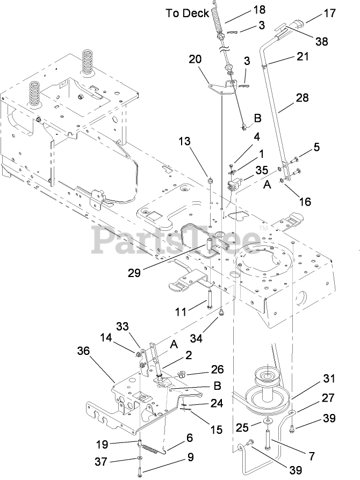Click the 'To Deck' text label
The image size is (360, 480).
pos(187,13)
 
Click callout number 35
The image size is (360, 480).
pos(262,170)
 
